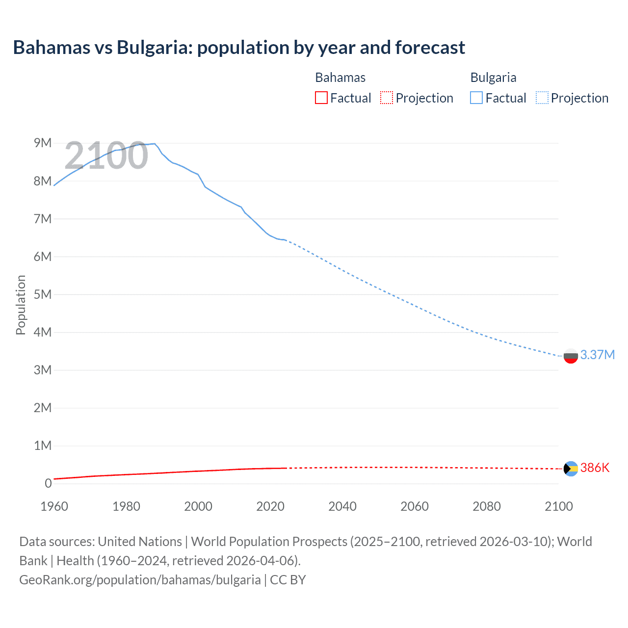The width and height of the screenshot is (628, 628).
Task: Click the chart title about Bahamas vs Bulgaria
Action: click(x=239, y=48)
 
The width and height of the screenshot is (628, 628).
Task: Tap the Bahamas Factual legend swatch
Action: click(x=321, y=98)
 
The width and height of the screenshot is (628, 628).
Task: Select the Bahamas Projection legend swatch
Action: click(x=387, y=98)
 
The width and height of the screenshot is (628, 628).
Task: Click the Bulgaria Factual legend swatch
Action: click(x=476, y=98)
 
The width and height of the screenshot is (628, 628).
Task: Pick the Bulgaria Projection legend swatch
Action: click(x=542, y=98)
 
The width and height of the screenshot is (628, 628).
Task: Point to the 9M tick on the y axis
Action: click(x=43, y=143)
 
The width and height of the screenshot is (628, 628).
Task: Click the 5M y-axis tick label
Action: click(x=43, y=294)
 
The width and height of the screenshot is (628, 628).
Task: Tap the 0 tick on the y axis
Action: click(x=48, y=483)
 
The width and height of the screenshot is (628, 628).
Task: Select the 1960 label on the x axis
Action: click(x=54, y=506)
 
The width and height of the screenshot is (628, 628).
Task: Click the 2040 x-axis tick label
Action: click(x=342, y=506)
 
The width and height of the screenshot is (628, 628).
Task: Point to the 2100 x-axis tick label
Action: click(x=558, y=506)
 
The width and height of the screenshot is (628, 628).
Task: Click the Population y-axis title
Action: click(x=21, y=305)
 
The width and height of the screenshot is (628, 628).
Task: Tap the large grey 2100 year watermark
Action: click(x=106, y=156)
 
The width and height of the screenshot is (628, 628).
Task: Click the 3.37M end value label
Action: click(x=597, y=355)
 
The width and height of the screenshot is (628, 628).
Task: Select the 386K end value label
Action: click(x=595, y=468)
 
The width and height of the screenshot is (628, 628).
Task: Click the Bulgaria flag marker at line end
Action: click(x=571, y=356)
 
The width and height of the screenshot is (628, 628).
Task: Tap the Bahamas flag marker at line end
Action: click(x=571, y=469)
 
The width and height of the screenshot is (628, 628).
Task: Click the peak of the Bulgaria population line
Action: click(x=155, y=144)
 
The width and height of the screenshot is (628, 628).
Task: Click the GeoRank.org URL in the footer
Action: click(x=140, y=579)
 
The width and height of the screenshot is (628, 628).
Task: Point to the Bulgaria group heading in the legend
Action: click(x=493, y=78)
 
